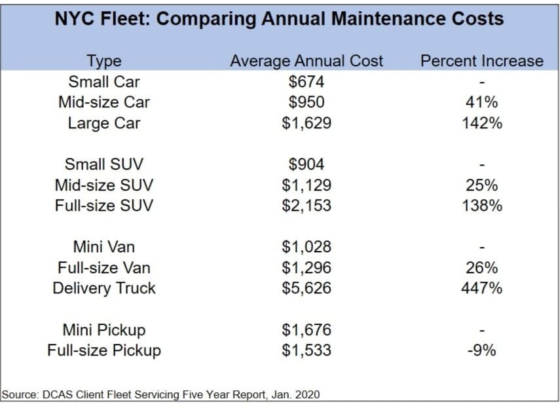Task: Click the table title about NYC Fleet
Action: [x=280, y=18]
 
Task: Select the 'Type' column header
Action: [x=103, y=61]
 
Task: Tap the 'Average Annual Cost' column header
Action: [x=307, y=61]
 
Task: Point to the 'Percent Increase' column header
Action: [x=481, y=61]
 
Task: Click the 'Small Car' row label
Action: [x=103, y=82]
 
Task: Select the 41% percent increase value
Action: [x=481, y=102]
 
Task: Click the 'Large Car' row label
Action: [x=103, y=123]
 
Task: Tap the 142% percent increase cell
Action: [x=481, y=123]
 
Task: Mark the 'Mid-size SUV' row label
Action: [x=103, y=185]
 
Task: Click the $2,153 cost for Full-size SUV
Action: [x=307, y=206]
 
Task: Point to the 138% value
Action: [x=481, y=206]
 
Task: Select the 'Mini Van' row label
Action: [x=103, y=247]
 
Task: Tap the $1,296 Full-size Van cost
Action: [x=307, y=267]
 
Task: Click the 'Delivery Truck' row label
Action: [x=103, y=288]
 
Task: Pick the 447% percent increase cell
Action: [x=481, y=288]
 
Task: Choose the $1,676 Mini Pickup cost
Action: [x=307, y=329]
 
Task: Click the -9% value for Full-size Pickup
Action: [x=481, y=350]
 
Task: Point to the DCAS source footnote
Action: [x=161, y=394]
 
